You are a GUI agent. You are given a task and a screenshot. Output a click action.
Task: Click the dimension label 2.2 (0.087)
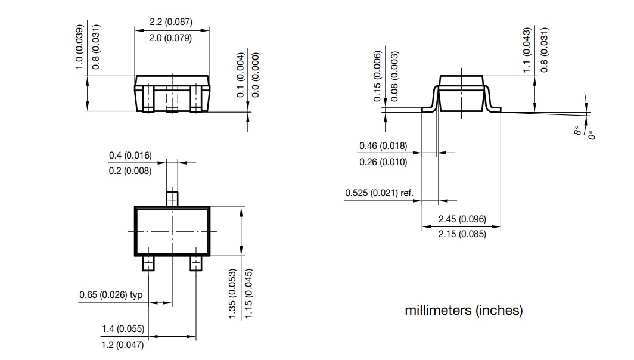(170, 22)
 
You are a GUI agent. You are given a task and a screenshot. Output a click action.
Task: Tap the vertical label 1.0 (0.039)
(79, 47)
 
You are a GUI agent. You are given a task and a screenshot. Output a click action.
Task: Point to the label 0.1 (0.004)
(241, 75)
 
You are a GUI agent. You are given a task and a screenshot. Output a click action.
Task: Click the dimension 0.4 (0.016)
(130, 156)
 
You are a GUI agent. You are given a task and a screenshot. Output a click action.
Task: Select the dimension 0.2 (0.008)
(130, 171)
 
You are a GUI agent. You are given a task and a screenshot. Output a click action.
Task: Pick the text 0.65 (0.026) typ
(111, 295)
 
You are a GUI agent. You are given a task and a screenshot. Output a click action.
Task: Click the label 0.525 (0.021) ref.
(380, 193)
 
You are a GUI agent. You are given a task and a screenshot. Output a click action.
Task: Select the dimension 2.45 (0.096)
(462, 219)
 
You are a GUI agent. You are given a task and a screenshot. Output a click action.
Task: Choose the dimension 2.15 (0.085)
(462, 234)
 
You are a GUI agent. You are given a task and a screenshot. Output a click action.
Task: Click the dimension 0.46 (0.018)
(383, 146)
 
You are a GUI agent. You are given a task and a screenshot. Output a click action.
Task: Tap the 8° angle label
(577, 131)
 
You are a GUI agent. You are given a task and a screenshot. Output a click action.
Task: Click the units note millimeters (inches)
(464, 311)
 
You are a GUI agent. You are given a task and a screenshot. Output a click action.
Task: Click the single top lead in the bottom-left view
(172, 198)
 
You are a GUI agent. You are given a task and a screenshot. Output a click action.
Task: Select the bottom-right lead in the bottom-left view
(196, 263)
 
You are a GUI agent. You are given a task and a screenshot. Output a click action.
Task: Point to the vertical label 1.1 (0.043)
(526, 51)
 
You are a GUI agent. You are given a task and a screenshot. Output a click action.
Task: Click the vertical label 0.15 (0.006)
(377, 76)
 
